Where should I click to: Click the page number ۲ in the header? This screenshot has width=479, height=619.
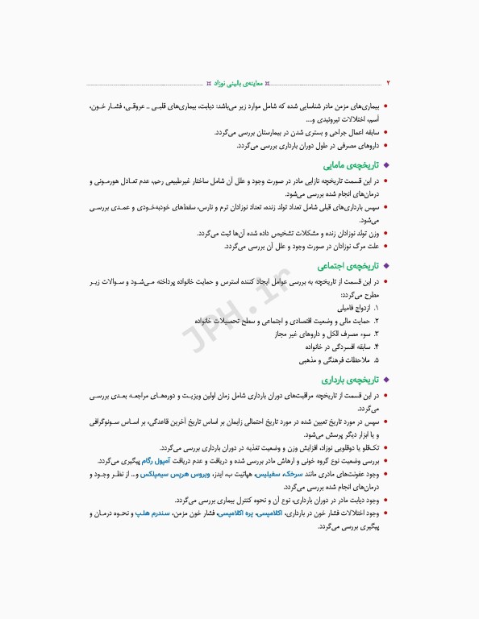click(388, 82)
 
